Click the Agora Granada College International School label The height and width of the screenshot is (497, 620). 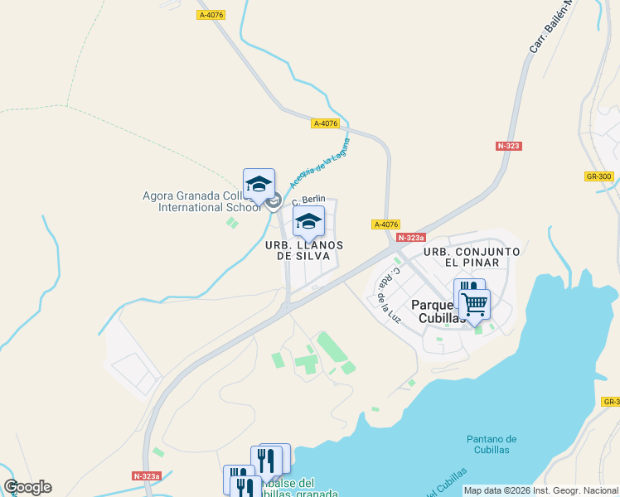pyautogui.click(x=196, y=201)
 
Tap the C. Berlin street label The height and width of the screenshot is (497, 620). pyautogui.click(x=308, y=200)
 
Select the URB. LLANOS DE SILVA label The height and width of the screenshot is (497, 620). pyautogui.click(x=303, y=250)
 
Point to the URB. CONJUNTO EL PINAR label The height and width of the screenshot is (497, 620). pyautogui.click(x=472, y=257)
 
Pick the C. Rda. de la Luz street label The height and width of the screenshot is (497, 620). pyautogui.click(x=386, y=294)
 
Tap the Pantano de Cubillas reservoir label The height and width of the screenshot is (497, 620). pyautogui.click(x=492, y=445)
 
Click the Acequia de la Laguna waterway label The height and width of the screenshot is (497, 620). pyautogui.click(x=320, y=162)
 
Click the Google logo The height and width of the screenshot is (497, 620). pyautogui.click(x=27, y=487)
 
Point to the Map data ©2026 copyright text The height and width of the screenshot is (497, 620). pyautogui.click(x=540, y=490)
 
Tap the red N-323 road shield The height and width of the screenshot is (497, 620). pyautogui.click(x=509, y=146)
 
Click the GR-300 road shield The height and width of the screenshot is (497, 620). pyautogui.click(x=598, y=176)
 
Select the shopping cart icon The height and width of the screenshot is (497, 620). pyautogui.click(x=475, y=303)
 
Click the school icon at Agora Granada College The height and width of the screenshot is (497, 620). pyautogui.click(x=259, y=184)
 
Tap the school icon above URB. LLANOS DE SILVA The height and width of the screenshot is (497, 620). pyautogui.click(x=308, y=222)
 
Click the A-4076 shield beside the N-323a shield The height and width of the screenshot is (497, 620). pyautogui.click(x=386, y=224)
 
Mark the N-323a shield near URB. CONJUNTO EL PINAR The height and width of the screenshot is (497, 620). pyautogui.click(x=410, y=238)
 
